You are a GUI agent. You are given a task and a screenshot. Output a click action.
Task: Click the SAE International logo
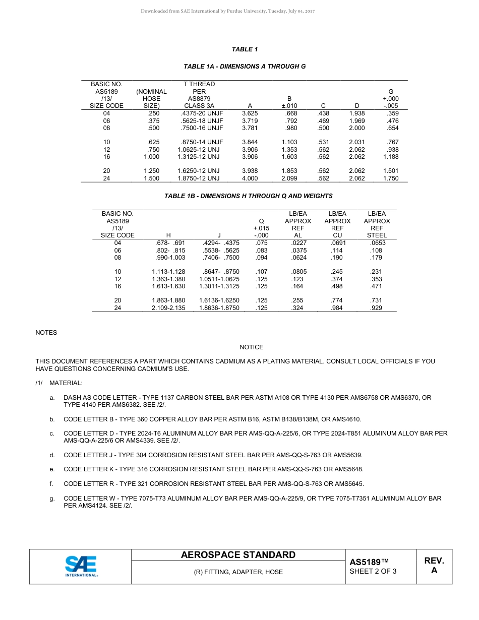point(81,566)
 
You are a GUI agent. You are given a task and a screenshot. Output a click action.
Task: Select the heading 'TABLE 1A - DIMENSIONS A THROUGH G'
point(245,67)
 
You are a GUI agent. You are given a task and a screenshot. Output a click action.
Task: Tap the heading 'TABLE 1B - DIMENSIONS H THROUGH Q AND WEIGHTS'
point(249,196)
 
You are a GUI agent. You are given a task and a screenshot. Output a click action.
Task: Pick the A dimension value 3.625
point(250,113)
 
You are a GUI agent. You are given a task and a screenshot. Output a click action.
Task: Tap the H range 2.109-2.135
point(168,307)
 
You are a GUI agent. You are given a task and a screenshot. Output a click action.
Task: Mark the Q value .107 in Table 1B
point(261,272)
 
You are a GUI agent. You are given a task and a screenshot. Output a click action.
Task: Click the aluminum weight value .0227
point(298,243)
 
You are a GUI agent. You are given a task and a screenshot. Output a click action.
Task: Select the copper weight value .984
point(336,307)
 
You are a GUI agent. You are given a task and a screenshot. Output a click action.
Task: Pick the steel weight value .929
point(376,307)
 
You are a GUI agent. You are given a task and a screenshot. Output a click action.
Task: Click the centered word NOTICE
point(251,347)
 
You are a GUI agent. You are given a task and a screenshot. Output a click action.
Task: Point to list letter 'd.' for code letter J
point(52,455)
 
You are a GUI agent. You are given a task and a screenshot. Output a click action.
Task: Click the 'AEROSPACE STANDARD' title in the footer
point(238,555)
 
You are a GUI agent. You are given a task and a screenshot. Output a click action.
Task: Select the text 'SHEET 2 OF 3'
point(373,571)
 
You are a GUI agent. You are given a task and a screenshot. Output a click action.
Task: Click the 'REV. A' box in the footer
point(434,566)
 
